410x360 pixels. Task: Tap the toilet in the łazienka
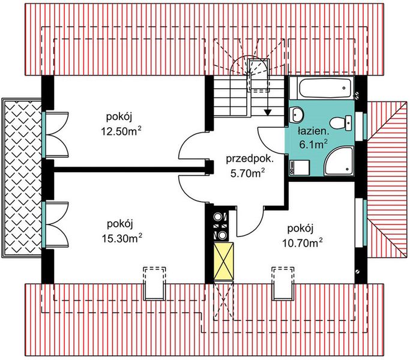[x=342, y=122]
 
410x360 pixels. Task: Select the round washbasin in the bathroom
[x=297, y=113]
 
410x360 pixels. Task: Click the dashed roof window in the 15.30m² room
[x=154, y=282]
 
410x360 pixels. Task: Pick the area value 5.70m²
[x=247, y=173]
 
